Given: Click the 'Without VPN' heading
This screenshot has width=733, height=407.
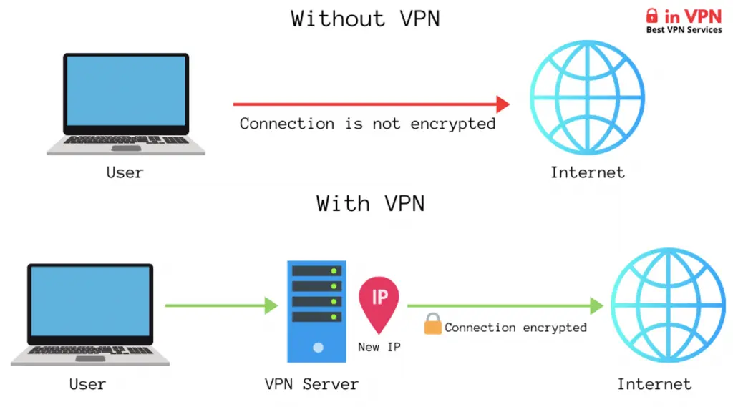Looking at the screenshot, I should tap(365, 19).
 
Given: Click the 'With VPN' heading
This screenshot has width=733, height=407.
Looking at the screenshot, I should tap(370, 203).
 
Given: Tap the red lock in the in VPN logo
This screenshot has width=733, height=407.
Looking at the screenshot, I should tap(651, 15).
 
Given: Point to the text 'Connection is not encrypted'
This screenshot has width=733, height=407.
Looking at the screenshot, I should tap(367, 124).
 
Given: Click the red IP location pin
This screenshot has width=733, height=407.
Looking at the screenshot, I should tap(379, 300).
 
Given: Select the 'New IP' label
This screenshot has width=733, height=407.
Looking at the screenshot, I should tap(379, 347).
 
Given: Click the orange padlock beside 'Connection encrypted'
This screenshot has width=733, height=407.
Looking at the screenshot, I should tap(432, 325).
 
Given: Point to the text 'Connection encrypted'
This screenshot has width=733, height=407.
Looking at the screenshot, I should tap(515, 328).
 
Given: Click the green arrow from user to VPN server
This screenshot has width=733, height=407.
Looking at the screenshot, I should tap(220, 306).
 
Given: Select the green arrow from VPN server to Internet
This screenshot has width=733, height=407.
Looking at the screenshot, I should tap(505, 306).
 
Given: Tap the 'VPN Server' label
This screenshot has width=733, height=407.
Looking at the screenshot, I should tap(311, 384).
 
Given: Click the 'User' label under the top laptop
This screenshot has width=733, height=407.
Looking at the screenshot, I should tap(125, 172).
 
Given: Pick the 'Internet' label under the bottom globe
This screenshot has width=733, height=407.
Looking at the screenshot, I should tap(654, 384).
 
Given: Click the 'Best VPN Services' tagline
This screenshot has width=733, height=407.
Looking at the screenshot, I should tap(684, 30).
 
